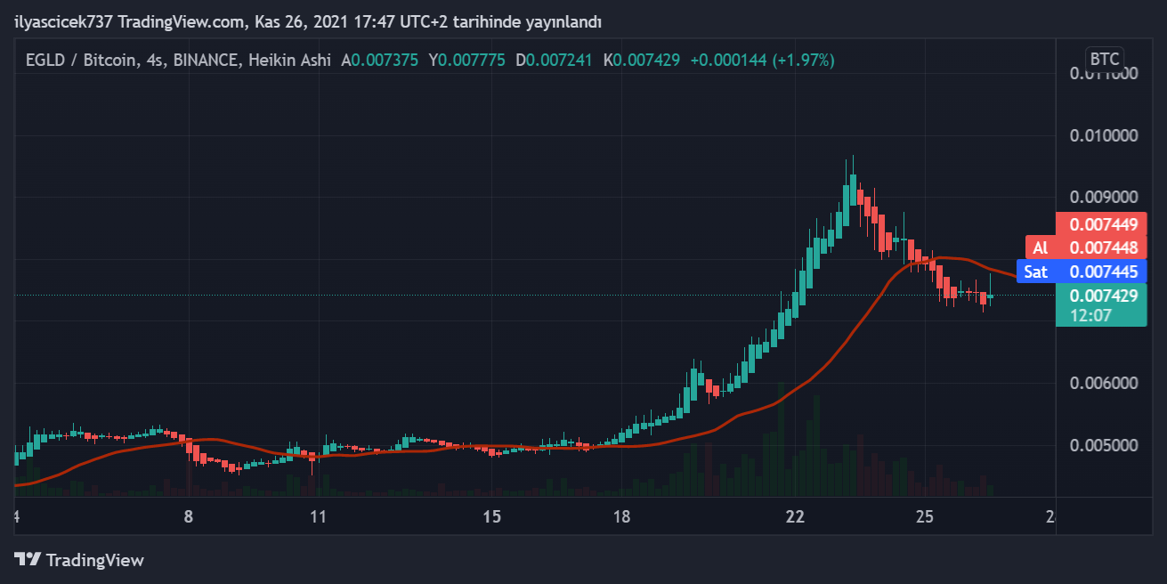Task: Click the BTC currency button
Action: [1105, 60]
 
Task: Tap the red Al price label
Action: [1040, 247]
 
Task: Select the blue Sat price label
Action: [1035, 272]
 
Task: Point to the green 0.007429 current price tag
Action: [1104, 296]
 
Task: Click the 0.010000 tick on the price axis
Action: [1104, 135]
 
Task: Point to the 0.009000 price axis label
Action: [1104, 197]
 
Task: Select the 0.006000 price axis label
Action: [1104, 383]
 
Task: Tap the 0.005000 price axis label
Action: [1104, 444]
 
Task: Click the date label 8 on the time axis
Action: [188, 517]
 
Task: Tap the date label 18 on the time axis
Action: [621, 517]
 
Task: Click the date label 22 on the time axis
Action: [795, 517]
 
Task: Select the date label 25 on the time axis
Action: [925, 517]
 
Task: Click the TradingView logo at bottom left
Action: [79, 560]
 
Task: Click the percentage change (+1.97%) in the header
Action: [803, 61]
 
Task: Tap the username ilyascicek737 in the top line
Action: [63, 20]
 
